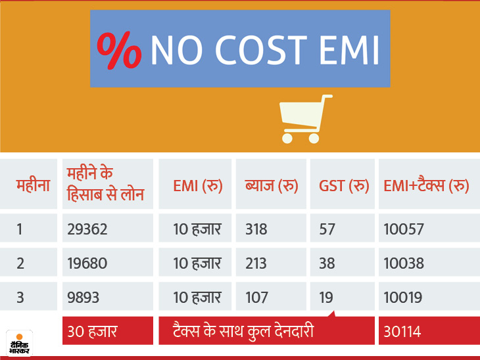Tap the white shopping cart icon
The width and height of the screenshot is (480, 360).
[305, 119]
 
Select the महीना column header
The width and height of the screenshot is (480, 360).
[33, 185]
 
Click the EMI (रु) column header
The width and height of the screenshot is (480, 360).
[197, 186]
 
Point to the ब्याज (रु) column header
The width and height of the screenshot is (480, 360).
[272, 186]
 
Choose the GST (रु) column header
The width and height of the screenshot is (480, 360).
[343, 186]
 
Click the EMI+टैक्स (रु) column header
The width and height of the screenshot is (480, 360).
[425, 186]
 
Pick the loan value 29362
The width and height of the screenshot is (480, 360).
[87, 229]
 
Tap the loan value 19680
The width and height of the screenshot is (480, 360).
[87, 263]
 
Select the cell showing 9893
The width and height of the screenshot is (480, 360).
[84, 298]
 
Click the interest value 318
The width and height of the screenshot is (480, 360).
[256, 229]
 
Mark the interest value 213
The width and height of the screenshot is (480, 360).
[256, 263]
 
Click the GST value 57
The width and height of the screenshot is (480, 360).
[327, 229]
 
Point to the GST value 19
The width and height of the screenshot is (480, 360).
[326, 298]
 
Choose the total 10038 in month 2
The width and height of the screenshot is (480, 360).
[404, 263]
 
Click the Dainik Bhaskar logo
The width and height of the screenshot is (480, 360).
[19, 342]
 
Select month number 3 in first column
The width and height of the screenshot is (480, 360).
[20, 298]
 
